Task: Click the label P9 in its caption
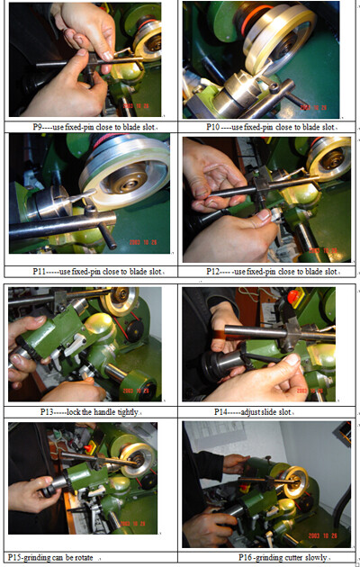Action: [x=38, y=127]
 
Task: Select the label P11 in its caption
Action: [x=39, y=272]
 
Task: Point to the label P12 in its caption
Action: [x=213, y=272]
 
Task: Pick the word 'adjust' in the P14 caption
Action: [x=250, y=412]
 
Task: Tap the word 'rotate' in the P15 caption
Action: [x=84, y=558]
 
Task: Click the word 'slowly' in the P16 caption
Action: [x=316, y=558]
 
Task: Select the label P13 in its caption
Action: [x=47, y=412]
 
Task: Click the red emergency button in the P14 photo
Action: [x=293, y=297]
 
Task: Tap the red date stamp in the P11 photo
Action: [x=143, y=242]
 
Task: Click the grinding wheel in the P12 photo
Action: [x=328, y=158]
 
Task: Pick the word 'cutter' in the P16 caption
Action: [x=292, y=558]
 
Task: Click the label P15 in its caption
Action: [x=14, y=558]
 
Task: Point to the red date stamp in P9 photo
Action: [x=136, y=106]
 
